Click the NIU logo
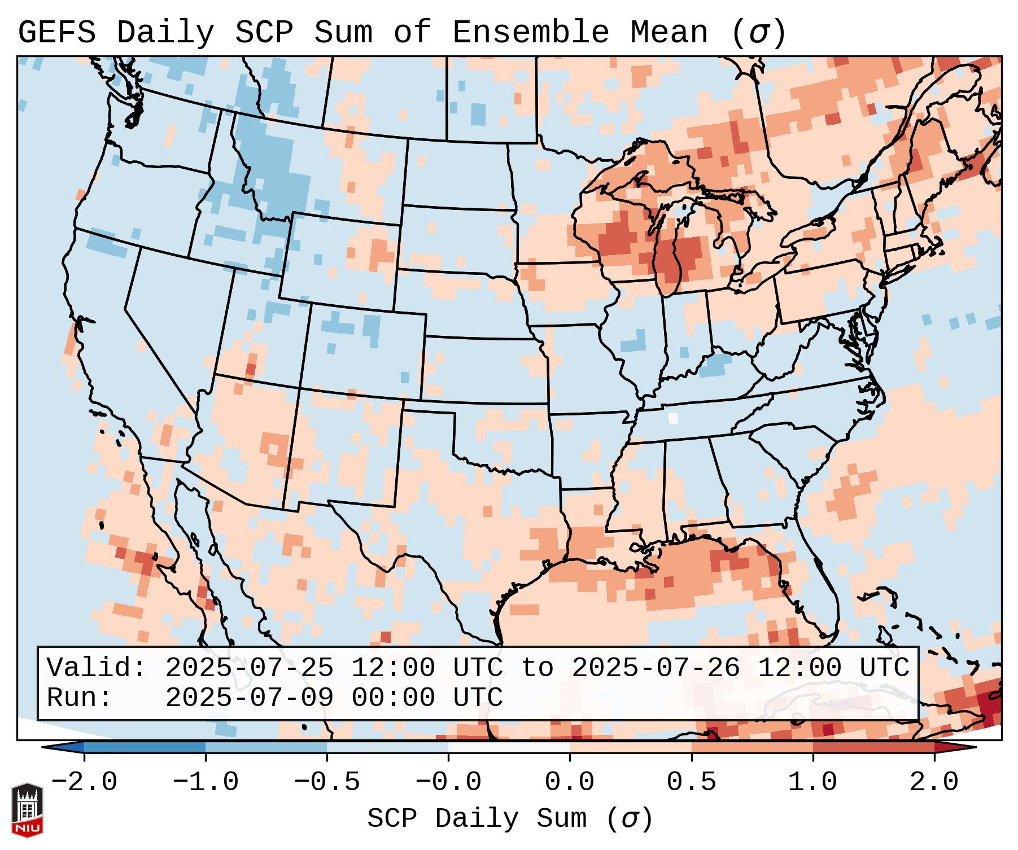coord(27,809)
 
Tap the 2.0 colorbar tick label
coord(934,782)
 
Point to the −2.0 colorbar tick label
coord(84,782)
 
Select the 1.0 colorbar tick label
coord(812,782)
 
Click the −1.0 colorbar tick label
coord(206,782)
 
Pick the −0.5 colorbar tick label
coord(327,782)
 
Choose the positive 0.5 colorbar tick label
coord(691,782)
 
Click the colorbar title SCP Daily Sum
coord(510,819)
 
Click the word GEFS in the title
coord(56,33)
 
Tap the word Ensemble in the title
coord(531,33)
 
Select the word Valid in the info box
coord(96,668)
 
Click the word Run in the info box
coord(79,698)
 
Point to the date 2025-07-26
coord(656,668)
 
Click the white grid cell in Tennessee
coord(673,418)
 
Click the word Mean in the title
coord(669,33)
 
